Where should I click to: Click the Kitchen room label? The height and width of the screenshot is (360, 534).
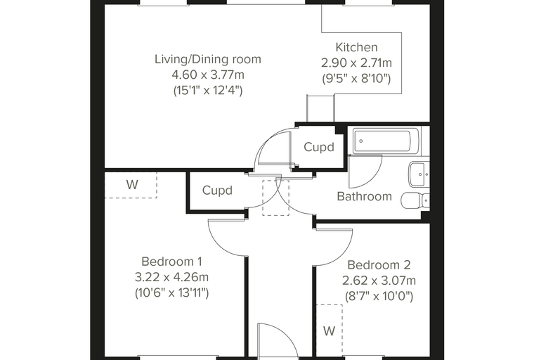[356, 47]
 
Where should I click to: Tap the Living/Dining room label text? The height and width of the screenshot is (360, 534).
[208, 59]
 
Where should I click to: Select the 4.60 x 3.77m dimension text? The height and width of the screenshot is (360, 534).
[208, 75]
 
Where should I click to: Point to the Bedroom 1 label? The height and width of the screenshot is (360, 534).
[171, 262]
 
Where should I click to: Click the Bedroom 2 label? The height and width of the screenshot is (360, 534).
[379, 265]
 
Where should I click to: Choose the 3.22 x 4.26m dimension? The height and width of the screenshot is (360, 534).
[171, 277]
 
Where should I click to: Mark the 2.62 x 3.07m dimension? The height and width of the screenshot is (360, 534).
[379, 281]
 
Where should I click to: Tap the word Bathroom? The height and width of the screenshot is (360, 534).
[364, 196]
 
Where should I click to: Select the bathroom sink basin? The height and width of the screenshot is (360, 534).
[419, 174]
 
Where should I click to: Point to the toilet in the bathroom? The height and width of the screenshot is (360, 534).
[415, 200]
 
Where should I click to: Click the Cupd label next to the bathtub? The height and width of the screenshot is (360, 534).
[319, 147]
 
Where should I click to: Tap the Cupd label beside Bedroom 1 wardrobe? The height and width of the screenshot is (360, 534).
[217, 191]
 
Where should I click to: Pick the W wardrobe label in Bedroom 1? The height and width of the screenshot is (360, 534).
[132, 185]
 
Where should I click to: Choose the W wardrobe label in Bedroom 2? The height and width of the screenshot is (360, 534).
[329, 331]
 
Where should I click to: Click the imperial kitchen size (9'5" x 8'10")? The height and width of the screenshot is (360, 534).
[356, 79]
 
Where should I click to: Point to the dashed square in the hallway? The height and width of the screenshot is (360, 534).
[275, 198]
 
